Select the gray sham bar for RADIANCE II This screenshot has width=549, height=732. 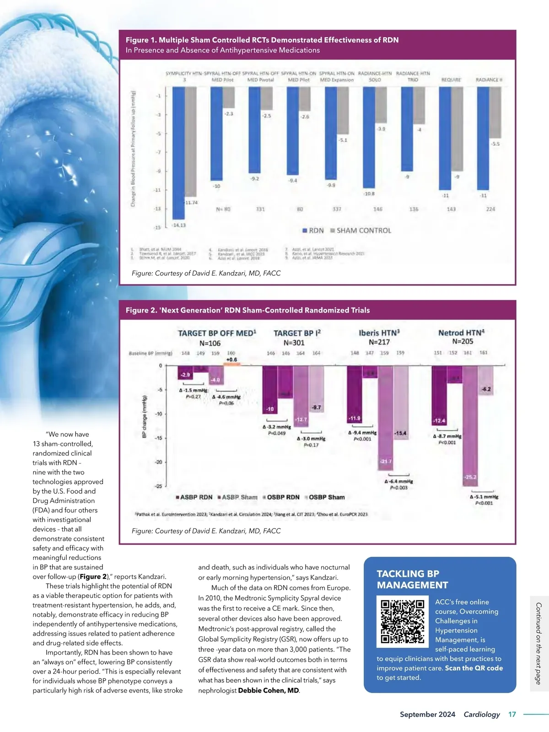[495, 113]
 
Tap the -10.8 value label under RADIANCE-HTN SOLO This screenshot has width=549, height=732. [369, 194]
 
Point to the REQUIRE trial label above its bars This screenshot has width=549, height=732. [451, 80]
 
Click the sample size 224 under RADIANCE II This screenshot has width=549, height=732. [490, 209]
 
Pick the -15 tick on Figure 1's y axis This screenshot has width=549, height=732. [157, 227]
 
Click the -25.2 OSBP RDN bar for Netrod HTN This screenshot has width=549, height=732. [470, 425]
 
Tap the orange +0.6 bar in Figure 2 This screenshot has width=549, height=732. [231, 364]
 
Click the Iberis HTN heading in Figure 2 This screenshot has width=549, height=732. [379, 333]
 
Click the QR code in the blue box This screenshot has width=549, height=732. [403, 621]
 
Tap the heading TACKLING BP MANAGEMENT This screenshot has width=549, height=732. [412, 579]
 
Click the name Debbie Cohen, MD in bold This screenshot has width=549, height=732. [269, 690]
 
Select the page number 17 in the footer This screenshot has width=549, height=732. [512, 714]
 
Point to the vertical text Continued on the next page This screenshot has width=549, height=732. [538, 643]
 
